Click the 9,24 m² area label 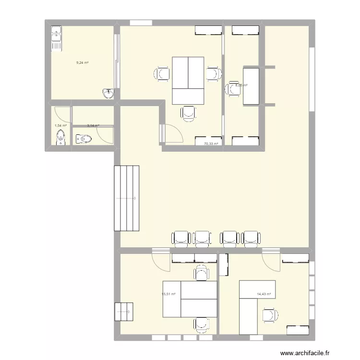coord(83,62)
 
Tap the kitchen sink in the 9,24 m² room coord(57,38)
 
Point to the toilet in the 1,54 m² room coord(60,139)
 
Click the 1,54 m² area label coord(60,126)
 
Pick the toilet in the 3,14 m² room coord(84,139)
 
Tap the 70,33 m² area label coord(211,144)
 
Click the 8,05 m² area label coord(241,85)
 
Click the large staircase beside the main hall coord(126,198)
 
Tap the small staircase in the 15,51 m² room coord(124,312)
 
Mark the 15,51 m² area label coord(168,294)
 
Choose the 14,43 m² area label coord(264,294)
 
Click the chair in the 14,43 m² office coord(270,315)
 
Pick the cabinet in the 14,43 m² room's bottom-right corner coord(298,330)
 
